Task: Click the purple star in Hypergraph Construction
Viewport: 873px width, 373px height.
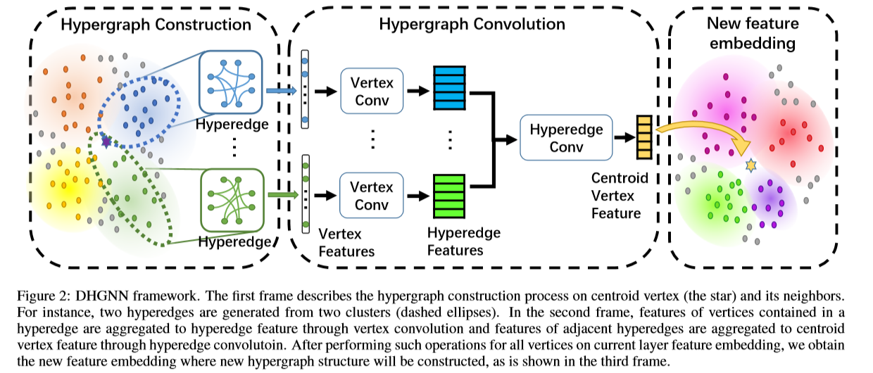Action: click(x=106, y=142)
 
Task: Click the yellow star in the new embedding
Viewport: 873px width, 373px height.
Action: click(x=750, y=165)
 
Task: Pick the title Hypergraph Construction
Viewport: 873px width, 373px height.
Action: click(x=156, y=25)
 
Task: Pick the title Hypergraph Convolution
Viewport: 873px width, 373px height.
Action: click(x=472, y=24)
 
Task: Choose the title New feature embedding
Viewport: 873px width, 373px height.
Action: click(x=752, y=33)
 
